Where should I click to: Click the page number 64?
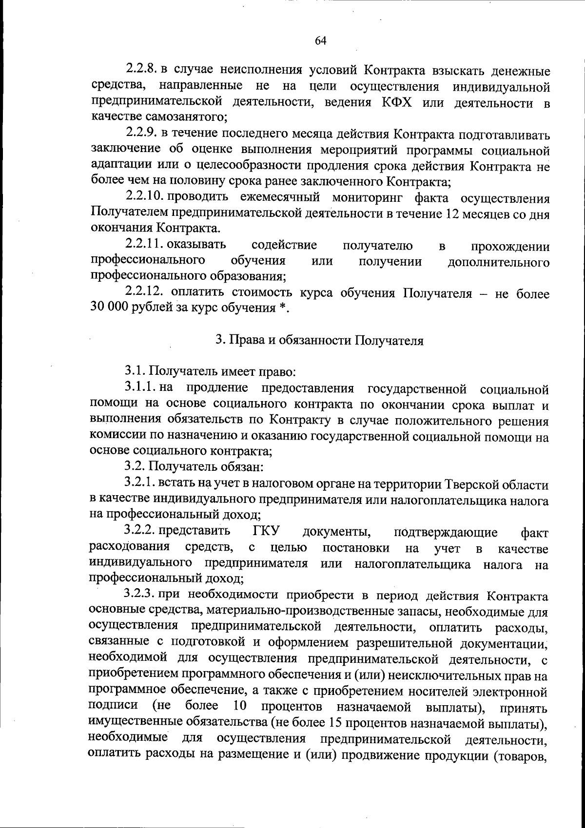[320, 41]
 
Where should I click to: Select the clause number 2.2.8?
[141, 72]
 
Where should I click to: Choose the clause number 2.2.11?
[144, 245]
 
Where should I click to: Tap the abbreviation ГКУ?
[270, 531]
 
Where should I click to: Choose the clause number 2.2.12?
[144, 293]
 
